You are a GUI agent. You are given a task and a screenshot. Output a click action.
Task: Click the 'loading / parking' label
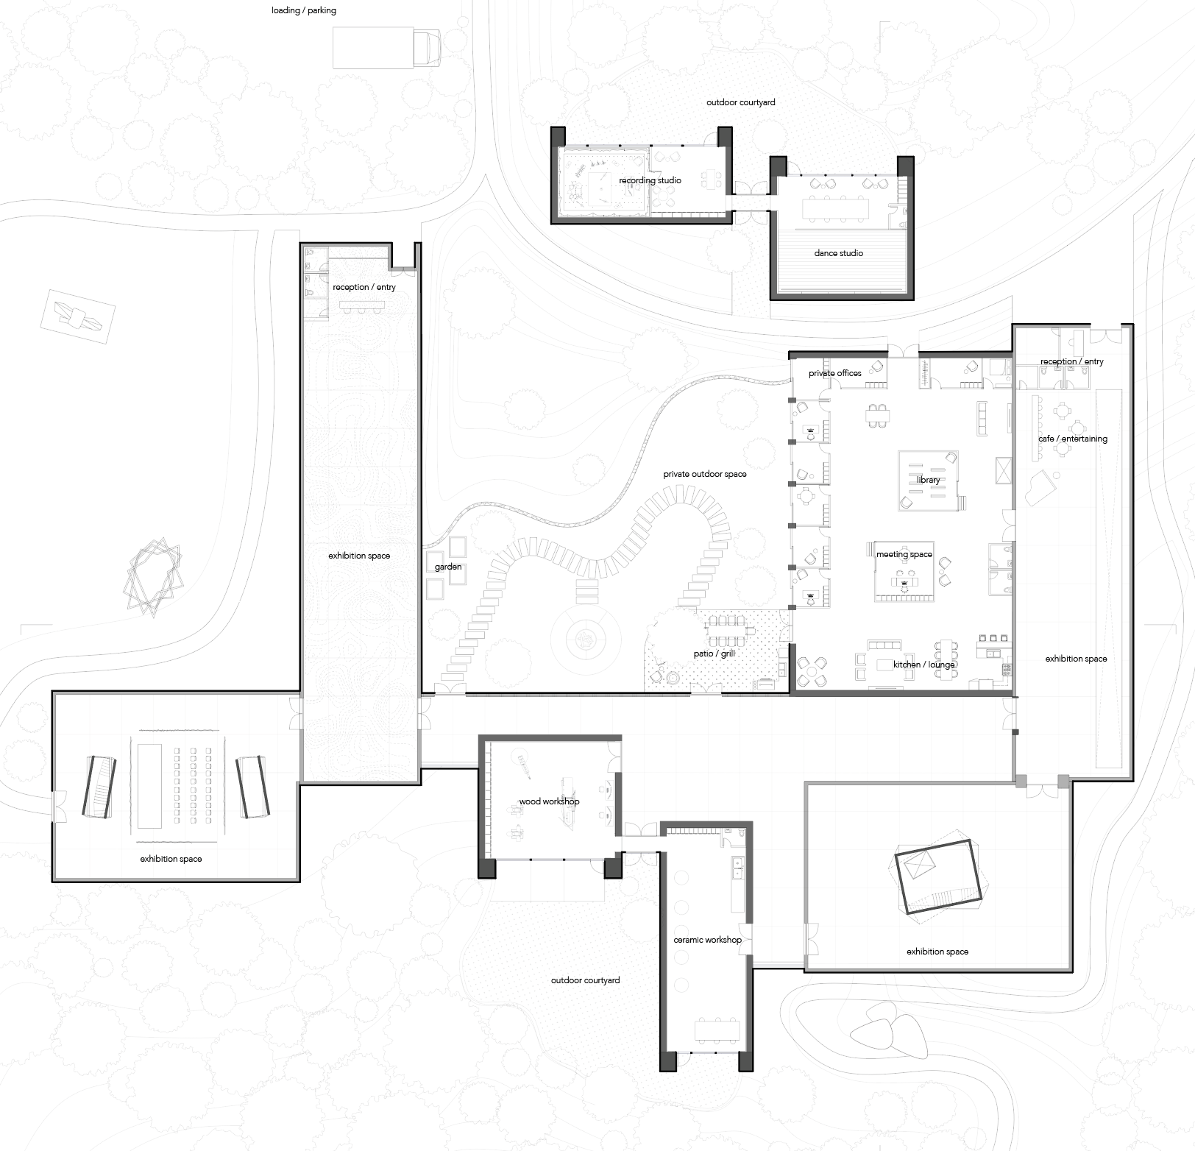point(304,10)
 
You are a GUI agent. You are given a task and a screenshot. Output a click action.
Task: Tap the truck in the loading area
point(387,49)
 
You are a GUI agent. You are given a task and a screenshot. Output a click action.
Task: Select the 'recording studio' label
point(650,180)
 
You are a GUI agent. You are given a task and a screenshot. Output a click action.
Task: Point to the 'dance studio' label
point(838,253)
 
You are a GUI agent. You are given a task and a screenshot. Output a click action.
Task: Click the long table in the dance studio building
point(834,209)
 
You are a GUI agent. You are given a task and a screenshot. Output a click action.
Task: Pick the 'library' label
point(929,480)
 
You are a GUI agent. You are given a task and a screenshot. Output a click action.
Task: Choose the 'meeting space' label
point(904,554)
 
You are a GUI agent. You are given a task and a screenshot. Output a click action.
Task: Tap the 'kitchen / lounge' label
point(923,665)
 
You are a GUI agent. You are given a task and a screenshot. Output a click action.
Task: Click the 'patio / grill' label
point(714,654)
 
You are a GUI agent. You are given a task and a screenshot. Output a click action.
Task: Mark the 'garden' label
point(448,567)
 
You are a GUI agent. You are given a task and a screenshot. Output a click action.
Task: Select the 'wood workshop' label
point(549,801)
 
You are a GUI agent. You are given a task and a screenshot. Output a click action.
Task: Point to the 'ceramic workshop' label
point(707,940)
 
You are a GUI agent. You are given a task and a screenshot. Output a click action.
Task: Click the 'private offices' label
point(834,373)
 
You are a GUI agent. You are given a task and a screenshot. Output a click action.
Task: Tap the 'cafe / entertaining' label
point(1072,439)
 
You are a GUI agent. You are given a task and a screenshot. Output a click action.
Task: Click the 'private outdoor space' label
point(704,474)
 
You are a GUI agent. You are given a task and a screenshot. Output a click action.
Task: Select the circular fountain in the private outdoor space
point(585,640)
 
